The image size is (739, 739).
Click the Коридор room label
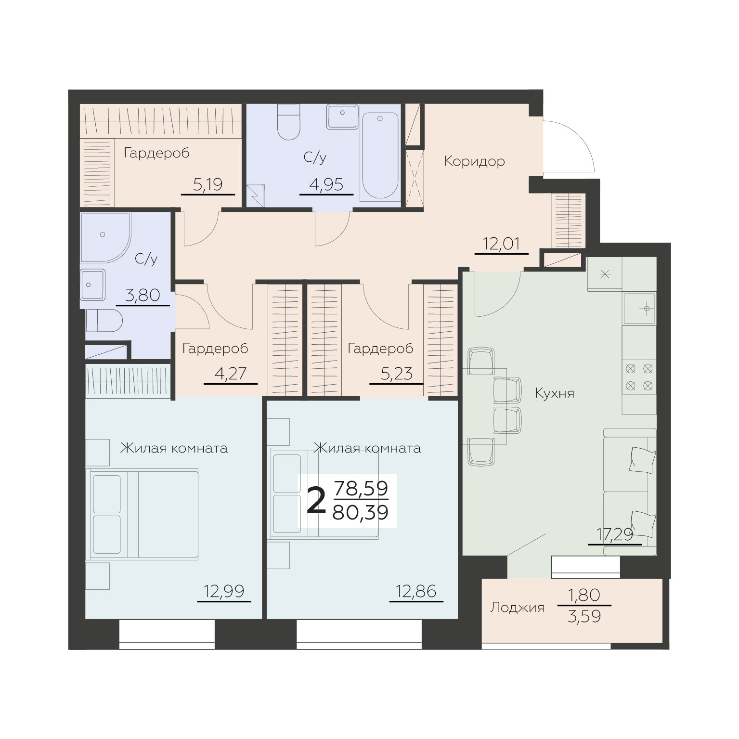point(474,161)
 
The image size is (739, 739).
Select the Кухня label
point(555,393)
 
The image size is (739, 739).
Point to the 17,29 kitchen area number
point(614,534)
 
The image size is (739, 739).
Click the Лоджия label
point(517,608)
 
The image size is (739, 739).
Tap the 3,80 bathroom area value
point(143,295)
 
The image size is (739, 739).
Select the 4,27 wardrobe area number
point(230,374)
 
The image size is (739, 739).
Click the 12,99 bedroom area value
point(224,591)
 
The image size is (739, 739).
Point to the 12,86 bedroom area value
point(416,591)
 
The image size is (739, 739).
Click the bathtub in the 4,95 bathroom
point(379,156)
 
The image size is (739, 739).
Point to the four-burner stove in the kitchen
point(639,377)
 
